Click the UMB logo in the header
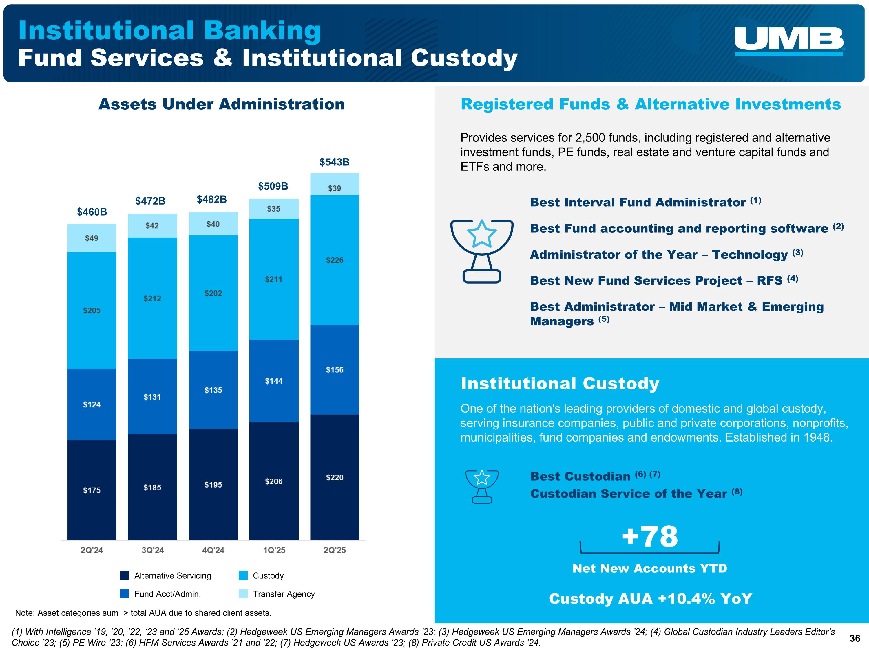coord(789,41)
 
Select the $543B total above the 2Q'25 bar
coord(334,162)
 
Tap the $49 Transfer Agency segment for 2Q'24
coord(92,238)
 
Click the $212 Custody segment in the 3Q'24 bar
coord(152,299)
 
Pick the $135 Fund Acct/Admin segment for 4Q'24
coord(213,390)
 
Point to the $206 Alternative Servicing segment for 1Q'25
coord(274,481)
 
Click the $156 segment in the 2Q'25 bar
coord(335,370)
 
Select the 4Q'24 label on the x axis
coord(213,550)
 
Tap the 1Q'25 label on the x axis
coord(274,550)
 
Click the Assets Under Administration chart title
coord(222,104)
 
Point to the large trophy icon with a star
coord(482,251)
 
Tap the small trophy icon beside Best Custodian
coord(482,487)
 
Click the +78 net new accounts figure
coord(650,536)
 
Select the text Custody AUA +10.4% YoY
coord(650,599)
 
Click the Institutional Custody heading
coord(560,383)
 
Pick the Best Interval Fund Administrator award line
coord(645,202)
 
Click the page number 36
coord(855,639)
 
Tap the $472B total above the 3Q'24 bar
coord(150,201)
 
